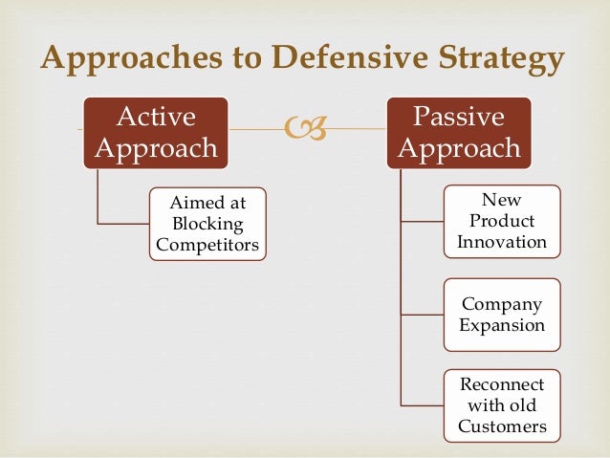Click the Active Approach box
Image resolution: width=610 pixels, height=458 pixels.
click(156, 133)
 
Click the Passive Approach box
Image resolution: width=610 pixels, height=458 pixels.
click(459, 133)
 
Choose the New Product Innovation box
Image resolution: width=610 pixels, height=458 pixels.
click(502, 220)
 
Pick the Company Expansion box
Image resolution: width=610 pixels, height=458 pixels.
click(502, 315)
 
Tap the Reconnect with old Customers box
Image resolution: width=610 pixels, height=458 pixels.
click(502, 405)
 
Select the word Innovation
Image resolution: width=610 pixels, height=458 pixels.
click(502, 242)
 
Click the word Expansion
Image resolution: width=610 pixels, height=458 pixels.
click(502, 325)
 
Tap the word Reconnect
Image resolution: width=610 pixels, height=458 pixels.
click(502, 384)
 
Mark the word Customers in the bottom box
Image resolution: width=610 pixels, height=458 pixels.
click(502, 426)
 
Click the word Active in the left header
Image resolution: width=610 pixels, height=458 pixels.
click(156, 117)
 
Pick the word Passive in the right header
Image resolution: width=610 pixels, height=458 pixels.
click(459, 117)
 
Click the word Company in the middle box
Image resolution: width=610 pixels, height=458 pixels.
click(502, 304)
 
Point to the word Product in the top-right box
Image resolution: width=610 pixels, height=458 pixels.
click(502, 221)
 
